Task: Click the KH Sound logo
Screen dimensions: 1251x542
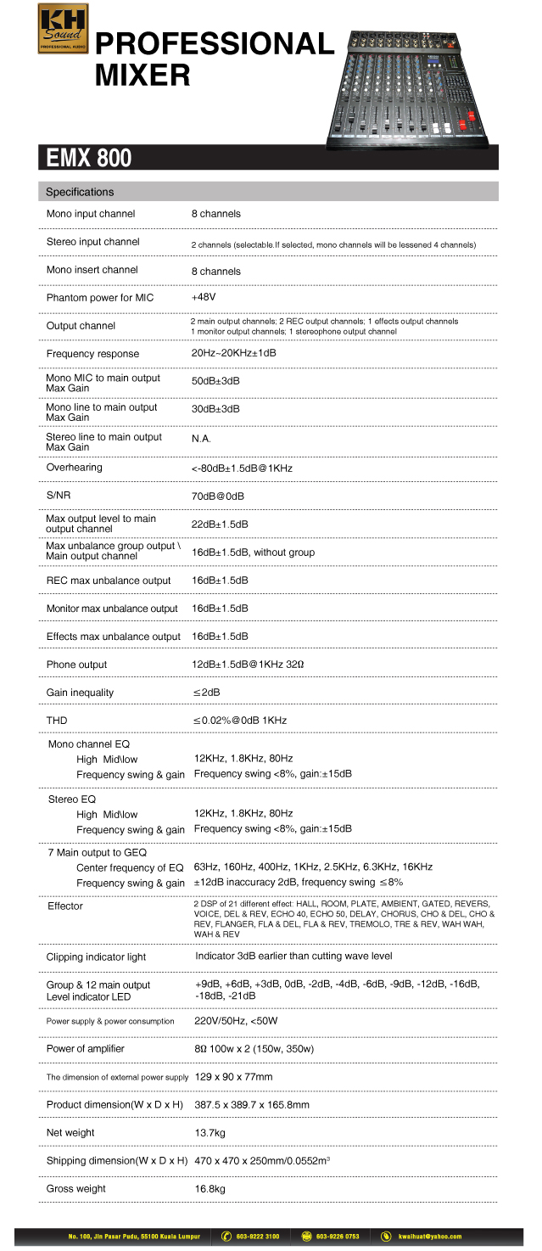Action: coord(62,29)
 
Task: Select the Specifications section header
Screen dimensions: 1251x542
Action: coord(80,192)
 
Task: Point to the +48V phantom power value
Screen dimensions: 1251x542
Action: coord(204,298)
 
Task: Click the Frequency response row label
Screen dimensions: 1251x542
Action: coord(92,354)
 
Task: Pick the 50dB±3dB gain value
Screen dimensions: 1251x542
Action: coord(215,381)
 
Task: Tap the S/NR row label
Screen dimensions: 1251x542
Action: coord(59,496)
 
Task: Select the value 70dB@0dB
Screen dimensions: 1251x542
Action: coord(219,496)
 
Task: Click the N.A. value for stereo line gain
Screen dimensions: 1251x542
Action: coord(201,439)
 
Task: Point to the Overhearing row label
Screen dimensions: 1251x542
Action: coord(74,468)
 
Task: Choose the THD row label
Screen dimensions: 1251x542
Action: coord(57,721)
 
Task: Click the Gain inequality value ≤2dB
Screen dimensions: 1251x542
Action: coord(206,693)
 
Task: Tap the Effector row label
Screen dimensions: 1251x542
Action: coord(64,906)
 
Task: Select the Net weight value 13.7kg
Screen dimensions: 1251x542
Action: coord(210,1133)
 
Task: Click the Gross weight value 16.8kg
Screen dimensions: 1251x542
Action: coord(210,1189)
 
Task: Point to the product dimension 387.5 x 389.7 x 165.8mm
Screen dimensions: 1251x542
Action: coord(252,1105)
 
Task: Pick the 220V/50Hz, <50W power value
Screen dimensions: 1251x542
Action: coord(236,1021)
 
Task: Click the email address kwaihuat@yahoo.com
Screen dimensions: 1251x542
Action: coord(433,1237)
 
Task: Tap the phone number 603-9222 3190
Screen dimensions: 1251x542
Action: coord(258,1237)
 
